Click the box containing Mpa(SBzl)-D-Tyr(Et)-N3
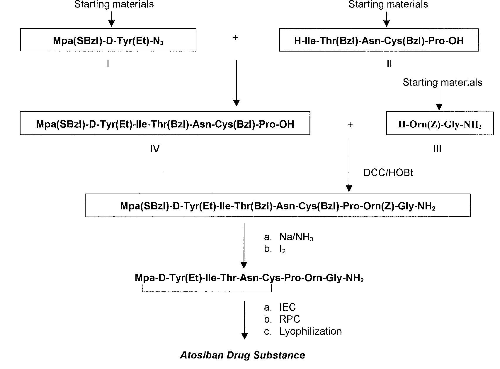click(108, 40)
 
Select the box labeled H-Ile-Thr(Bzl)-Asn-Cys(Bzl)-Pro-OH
click(379, 40)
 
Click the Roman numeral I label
click(108, 64)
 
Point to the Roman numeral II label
click(389, 64)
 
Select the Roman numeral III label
click(437, 149)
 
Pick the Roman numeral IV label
click(155, 149)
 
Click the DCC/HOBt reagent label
click(388, 173)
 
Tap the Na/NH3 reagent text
click(296, 237)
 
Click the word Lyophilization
click(310, 332)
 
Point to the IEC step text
click(288, 307)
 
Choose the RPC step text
click(290, 319)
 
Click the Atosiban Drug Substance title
click(242, 355)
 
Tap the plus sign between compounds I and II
click(235, 38)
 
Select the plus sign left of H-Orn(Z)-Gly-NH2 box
click(350, 125)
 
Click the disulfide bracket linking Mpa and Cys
click(207, 291)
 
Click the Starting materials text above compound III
click(442, 83)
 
